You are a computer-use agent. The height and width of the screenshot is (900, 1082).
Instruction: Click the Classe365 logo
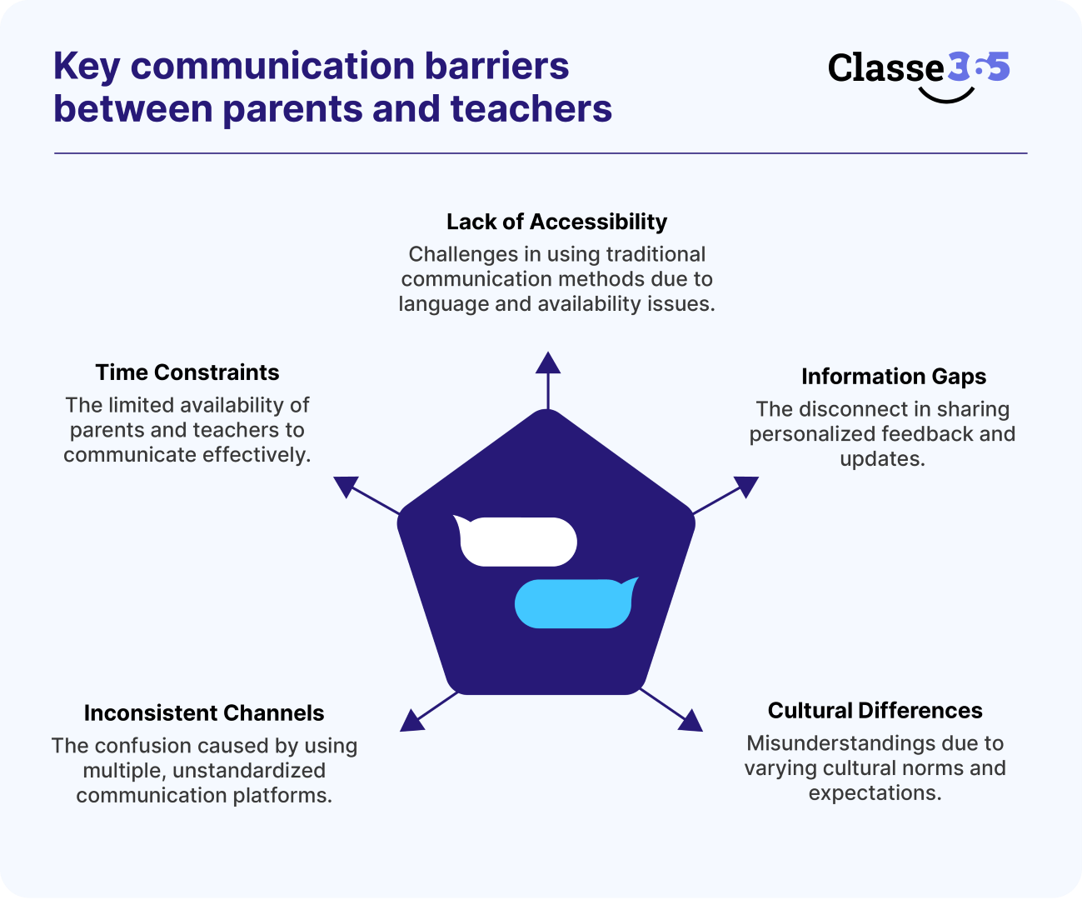918,70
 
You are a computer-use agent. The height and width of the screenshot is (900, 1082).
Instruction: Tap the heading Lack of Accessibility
556,222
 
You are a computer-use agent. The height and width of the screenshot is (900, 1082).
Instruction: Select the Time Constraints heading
187,372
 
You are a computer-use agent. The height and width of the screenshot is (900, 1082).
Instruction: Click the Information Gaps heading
893,377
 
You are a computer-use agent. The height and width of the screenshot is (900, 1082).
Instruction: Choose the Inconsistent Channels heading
204,713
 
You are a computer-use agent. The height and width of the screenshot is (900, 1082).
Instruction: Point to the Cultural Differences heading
875,711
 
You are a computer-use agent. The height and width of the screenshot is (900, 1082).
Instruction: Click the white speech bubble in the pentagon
517,542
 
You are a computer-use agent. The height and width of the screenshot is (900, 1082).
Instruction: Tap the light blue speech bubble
575,603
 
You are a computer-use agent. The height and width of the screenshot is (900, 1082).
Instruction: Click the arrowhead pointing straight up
547,362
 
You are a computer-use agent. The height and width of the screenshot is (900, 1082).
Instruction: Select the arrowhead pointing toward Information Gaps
746,486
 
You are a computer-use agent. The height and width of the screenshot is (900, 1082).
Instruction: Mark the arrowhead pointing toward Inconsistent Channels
412,720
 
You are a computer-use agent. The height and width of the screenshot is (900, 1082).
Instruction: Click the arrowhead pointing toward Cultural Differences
690,720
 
